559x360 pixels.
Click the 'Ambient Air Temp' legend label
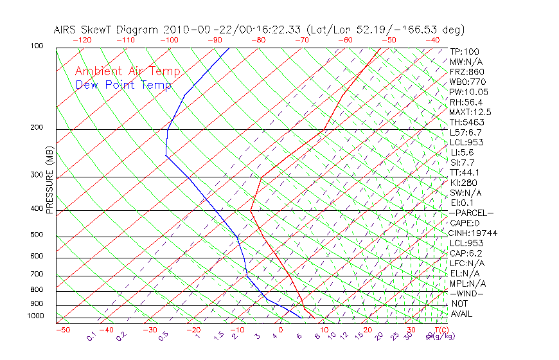[x=127, y=71]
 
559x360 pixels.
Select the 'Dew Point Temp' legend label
[x=123, y=85]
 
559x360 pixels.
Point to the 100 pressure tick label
[x=37, y=46]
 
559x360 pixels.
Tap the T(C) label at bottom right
[x=440, y=330]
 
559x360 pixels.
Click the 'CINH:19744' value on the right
[x=474, y=233]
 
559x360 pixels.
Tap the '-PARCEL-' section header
[x=471, y=213]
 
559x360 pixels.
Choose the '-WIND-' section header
[x=467, y=293]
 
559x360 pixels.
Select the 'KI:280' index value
[x=464, y=183]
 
